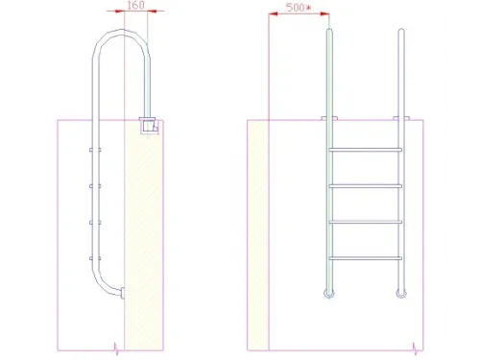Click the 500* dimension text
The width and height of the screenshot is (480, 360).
[299, 8]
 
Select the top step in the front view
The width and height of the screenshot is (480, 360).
[365, 150]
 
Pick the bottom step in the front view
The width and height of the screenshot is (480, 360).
[365, 258]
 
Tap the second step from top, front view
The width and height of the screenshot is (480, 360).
[365, 186]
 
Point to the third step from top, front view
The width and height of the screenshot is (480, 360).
[365, 223]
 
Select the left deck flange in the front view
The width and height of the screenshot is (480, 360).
[329, 119]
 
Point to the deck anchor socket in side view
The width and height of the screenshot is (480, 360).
[148, 125]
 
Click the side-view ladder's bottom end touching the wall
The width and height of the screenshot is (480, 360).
[120, 292]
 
